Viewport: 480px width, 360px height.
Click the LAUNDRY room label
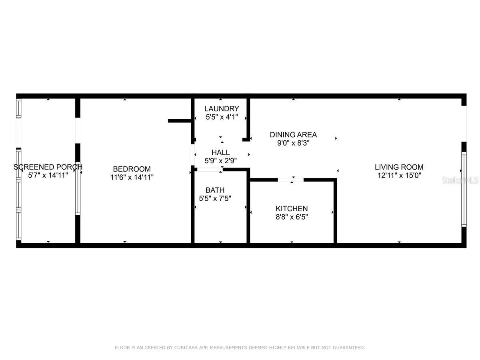pyautogui.click(x=222, y=109)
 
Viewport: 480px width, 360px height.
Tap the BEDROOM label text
pyautogui.click(x=132, y=169)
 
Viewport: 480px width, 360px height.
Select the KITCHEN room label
pyautogui.click(x=292, y=209)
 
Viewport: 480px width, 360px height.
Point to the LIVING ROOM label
pyautogui.click(x=399, y=167)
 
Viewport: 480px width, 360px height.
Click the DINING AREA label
pyautogui.click(x=293, y=135)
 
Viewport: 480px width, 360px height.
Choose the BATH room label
pyautogui.click(x=215, y=190)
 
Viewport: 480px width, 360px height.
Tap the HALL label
pyautogui.click(x=220, y=153)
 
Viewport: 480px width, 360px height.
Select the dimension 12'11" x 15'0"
pyautogui.click(x=399, y=176)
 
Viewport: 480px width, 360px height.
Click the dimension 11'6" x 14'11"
pyautogui.click(x=132, y=177)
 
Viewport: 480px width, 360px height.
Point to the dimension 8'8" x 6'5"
pyautogui.click(x=292, y=217)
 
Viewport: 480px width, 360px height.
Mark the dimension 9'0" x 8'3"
pyautogui.click(x=293, y=143)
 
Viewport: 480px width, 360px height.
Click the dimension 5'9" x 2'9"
pyautogui.click(x=220, y=161)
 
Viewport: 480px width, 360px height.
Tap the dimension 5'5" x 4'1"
pyautogui.click(x=222, y=117)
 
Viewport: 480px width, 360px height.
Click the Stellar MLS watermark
pyautogui.click(x=460, y=181)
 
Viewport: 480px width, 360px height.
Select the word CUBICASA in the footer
pyautogui.click(x=186, y=348)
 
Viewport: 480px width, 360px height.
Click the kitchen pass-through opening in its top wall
pyautogui.click(x=291, y=180)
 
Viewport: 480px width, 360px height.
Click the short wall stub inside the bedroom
pyautogui.click(x=179, y=120)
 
